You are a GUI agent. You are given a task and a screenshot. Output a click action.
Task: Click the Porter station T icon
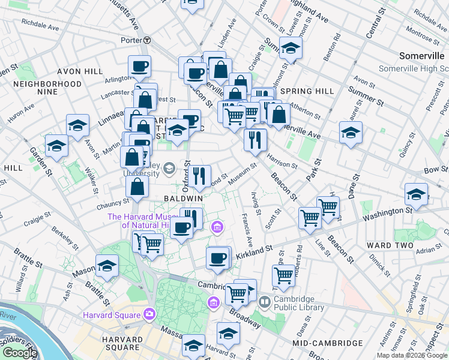(146, 40)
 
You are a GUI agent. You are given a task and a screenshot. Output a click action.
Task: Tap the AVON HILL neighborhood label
(52, 71)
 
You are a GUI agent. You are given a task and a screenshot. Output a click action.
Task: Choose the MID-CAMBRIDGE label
(328, 343)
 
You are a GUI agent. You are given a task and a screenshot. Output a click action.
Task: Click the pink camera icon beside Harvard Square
(149, 313)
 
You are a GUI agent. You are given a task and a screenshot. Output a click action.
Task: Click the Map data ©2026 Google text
(412, 355)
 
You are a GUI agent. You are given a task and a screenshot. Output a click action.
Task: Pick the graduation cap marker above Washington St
(415, 194)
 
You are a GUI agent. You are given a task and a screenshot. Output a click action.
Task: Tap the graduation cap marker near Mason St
(107, 266)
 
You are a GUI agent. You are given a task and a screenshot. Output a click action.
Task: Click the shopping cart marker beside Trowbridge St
(283, 276)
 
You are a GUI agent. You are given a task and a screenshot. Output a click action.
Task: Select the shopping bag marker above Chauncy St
(137, 187)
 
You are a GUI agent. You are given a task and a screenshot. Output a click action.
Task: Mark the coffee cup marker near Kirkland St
(217, 258)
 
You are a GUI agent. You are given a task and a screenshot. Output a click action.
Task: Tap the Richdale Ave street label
(40, 26)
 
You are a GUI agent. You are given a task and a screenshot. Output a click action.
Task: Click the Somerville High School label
(414, 68)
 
